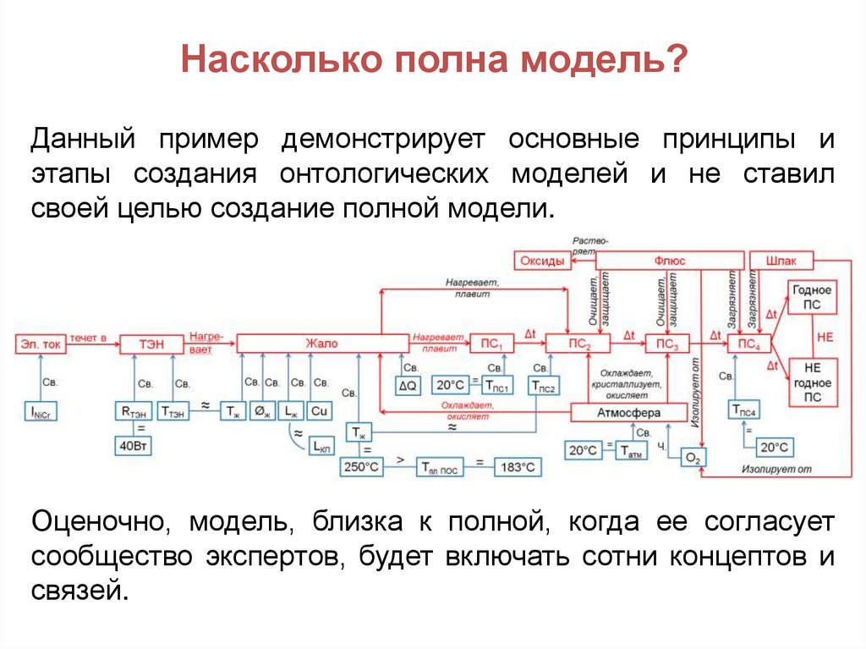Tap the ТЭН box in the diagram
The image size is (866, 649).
[x=151, y=344]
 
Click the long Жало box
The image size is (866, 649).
[x=321, y=344]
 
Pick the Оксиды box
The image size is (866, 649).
[x=541, y=261]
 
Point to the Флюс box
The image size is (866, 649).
[x=670, y=261]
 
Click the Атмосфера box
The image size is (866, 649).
[x=628, y=412]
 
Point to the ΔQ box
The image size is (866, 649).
[x=408, y=385]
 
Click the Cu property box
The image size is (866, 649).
[x=319, y=411]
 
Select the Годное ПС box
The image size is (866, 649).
[x=811, y=297]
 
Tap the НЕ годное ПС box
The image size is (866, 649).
[x=811, y=382]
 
